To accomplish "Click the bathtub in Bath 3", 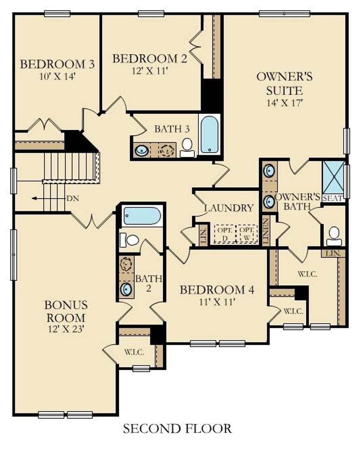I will point(209,134).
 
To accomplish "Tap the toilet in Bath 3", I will point(187,147).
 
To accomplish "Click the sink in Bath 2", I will point(126,289).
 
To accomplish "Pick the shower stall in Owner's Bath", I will point(333,177).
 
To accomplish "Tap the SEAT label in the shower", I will point(333,198).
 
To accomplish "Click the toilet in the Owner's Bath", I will point(334,236).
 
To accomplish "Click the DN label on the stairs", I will point(73,198).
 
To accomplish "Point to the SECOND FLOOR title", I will point(177,429).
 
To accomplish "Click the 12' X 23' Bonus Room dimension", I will point(66,329).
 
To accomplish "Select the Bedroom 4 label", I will point(217,290).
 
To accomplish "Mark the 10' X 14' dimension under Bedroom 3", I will point(57,76).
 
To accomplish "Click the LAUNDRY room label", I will point(229,208).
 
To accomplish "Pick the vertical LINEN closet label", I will point(266,232).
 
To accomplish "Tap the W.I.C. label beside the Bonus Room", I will point(134,352).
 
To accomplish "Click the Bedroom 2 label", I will point(149,58).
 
